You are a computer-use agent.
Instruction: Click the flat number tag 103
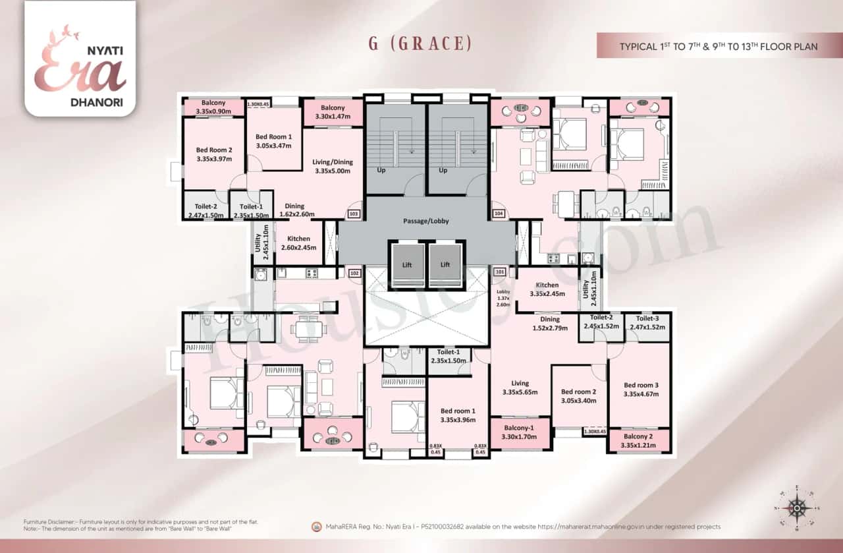[354, 214]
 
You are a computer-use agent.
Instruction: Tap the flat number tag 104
[499, 214]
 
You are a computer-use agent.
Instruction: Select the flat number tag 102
[354, 272]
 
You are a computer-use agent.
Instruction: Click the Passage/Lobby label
[426, 221]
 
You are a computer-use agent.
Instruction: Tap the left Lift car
[407, 264]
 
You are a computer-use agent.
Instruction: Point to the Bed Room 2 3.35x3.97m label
[213, 154]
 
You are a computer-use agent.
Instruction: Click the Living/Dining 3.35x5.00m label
[333, 167]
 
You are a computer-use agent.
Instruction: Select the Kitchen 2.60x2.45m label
[298, 243]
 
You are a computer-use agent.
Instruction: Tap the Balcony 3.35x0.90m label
[213, 107]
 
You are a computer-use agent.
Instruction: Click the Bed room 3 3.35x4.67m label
[641, 390]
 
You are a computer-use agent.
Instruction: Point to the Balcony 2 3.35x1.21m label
[638, 442]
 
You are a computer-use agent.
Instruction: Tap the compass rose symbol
[798, 508]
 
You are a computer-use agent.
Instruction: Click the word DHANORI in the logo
[81, 103]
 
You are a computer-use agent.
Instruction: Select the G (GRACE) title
[421, 44]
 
